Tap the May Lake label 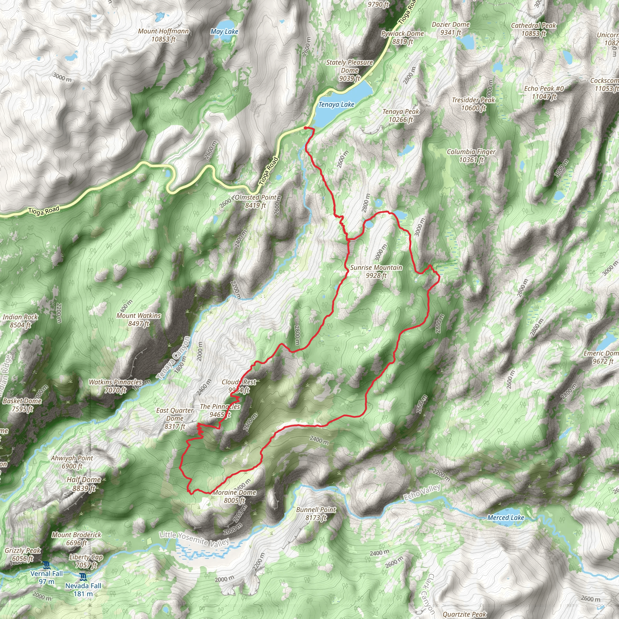pyautogui.click(x=224, y=31)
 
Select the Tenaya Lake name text pyautogui.click(x=336, y=105)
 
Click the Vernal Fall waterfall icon pyautogui.click(x=47, y=565)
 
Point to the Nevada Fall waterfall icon pyautogui.click(x=83, y=577)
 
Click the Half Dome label pyautogui.click(x=84, y=484)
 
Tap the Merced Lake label pyautogui.click(x=506, y=517)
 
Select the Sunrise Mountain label pyautogui.click(x=376, y=271)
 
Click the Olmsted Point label pyautogui.click(x=255, y=201)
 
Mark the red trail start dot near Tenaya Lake pyautogui.click(x=305, y=128)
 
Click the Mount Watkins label pyautogui.click(x=138, y=319)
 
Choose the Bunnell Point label pyautogui.click(x=316, y=514)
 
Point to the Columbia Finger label pyautogui.click(x=471, y=156)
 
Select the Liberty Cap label pyautogui.click(x=86, y=561)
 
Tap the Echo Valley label pyautogui.click(x=422, y=492)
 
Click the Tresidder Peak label pyautogui.click(x=473, y=104)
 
